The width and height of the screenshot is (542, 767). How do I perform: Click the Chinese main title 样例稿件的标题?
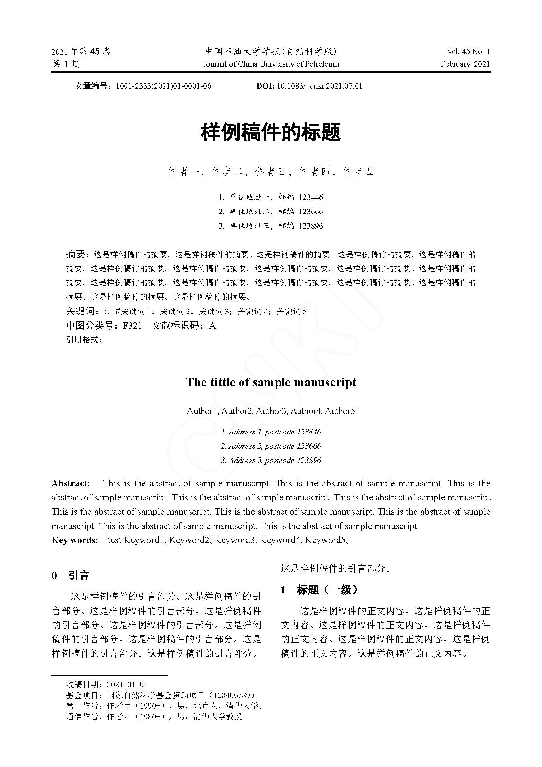tap(271, 132)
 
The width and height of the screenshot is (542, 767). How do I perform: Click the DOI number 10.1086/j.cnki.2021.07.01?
tap(319, 86)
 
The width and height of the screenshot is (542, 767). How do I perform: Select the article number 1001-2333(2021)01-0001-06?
tap(163, 86)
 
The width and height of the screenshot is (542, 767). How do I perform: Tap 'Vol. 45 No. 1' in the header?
tap(468, 51)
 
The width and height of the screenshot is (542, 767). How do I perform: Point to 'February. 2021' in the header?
tap(465, 64)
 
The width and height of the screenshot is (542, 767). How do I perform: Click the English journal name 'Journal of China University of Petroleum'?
tap(271, 64)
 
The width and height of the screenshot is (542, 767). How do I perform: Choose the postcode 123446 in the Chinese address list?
tap(311, 197)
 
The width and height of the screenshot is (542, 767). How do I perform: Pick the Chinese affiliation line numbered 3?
tap(271, 226)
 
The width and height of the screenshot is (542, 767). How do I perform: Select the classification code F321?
tap(132, 325)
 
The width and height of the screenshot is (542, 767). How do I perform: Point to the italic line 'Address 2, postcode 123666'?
tap(271, 446)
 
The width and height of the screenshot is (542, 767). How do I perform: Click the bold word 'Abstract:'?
tap(70, 483)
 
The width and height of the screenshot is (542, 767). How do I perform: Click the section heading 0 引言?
tap(70, 575)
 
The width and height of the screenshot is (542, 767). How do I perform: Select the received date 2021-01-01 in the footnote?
tap(127, 684)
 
